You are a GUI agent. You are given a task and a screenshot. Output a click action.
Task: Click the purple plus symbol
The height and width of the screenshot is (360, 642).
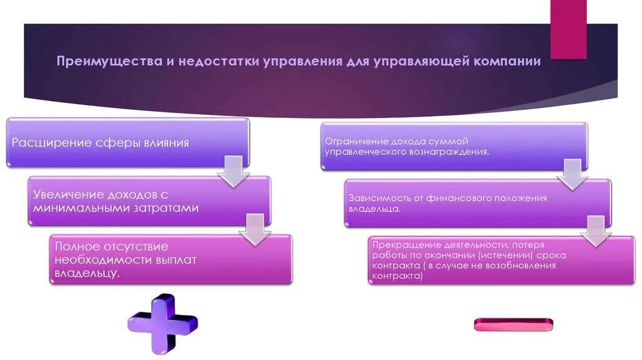click(162, 323)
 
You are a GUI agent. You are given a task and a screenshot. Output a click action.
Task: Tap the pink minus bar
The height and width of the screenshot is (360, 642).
click(513, 324)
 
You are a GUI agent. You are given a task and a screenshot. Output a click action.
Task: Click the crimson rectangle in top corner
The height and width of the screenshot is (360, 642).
click(568, 28)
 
